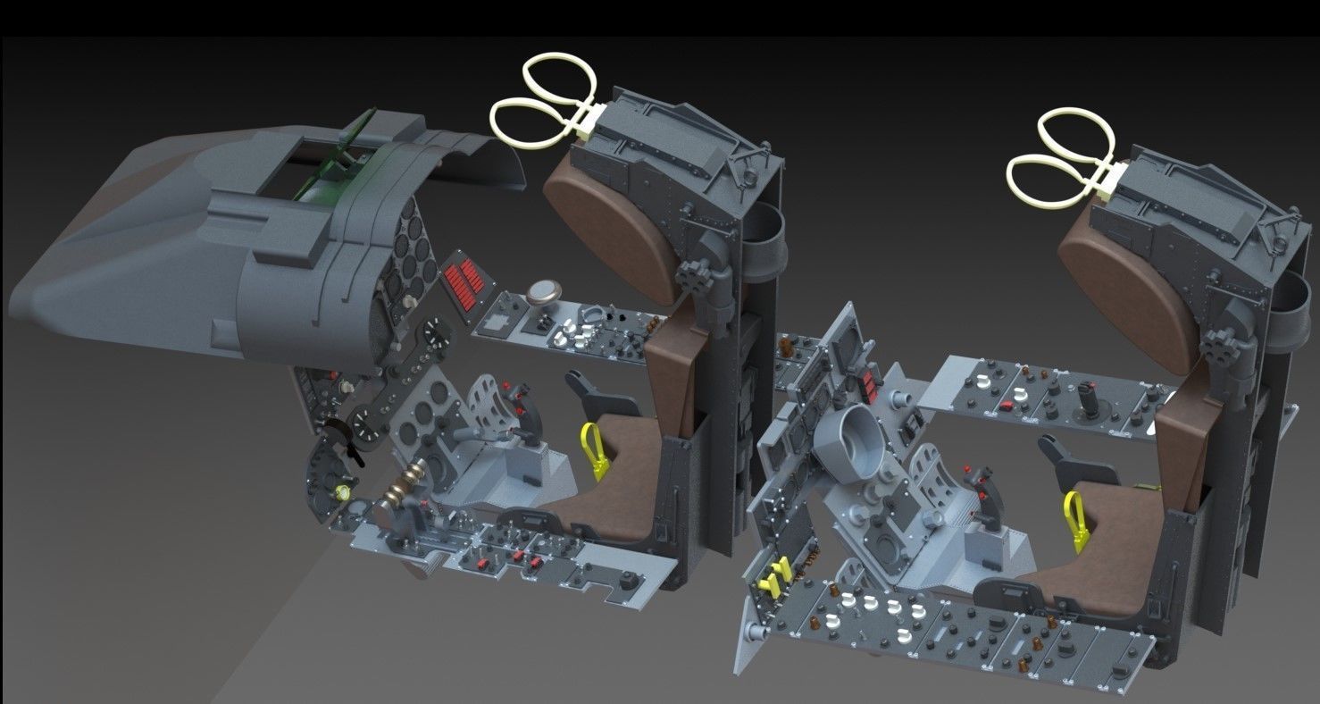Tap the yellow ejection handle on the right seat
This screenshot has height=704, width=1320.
pyautogui.click(x=1076, y=518)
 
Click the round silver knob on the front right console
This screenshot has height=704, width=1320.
pyautogui.click(x=542, y=292)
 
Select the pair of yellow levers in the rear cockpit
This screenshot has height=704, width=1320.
pyautogui.click(x=773, y=576)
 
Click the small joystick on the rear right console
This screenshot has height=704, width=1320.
pyautogui.click(x=1091, y=398)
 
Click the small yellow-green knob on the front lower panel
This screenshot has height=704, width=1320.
pyautogui.click(x=341, y=490)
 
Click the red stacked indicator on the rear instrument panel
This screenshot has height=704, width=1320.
pyautogui.click(x=867, y=385)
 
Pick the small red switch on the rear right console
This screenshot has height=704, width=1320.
pyautogui.click(x=1007, y=407)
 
